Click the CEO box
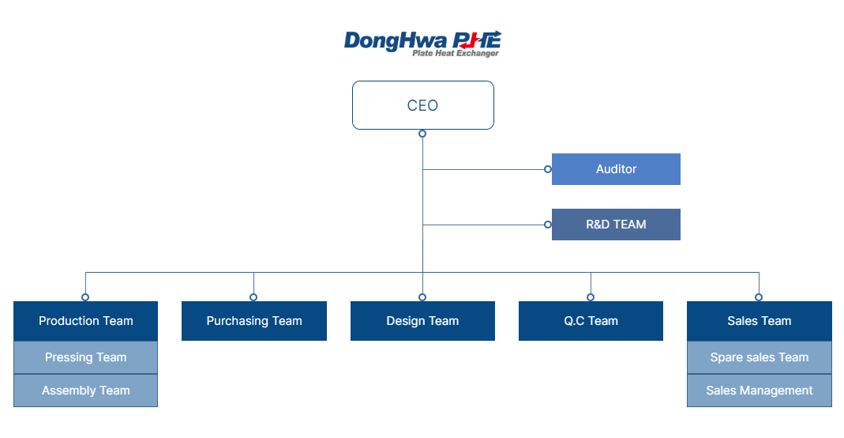tap(422, 105)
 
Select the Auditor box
tap(616, 169)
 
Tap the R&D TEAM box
tap(616, 225)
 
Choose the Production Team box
tap(85, 321)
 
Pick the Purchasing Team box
tap(254, 321)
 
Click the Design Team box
tap(422, 321)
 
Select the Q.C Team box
tap(591, 321)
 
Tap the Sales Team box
tap(759, 321)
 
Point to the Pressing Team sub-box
tap(85, 357)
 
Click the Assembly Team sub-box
tap(85, 391)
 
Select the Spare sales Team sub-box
tap(759, 357)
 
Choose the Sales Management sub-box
tap(759, 391)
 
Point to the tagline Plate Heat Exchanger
tap(456, 54)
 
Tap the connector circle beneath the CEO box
tap(422, 134)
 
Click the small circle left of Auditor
tap(547, 169)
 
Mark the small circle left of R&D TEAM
tap(547, 225)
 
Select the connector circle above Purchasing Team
tap(253, 297)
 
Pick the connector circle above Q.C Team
tap(591, 297)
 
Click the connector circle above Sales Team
tap(759, 297)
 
